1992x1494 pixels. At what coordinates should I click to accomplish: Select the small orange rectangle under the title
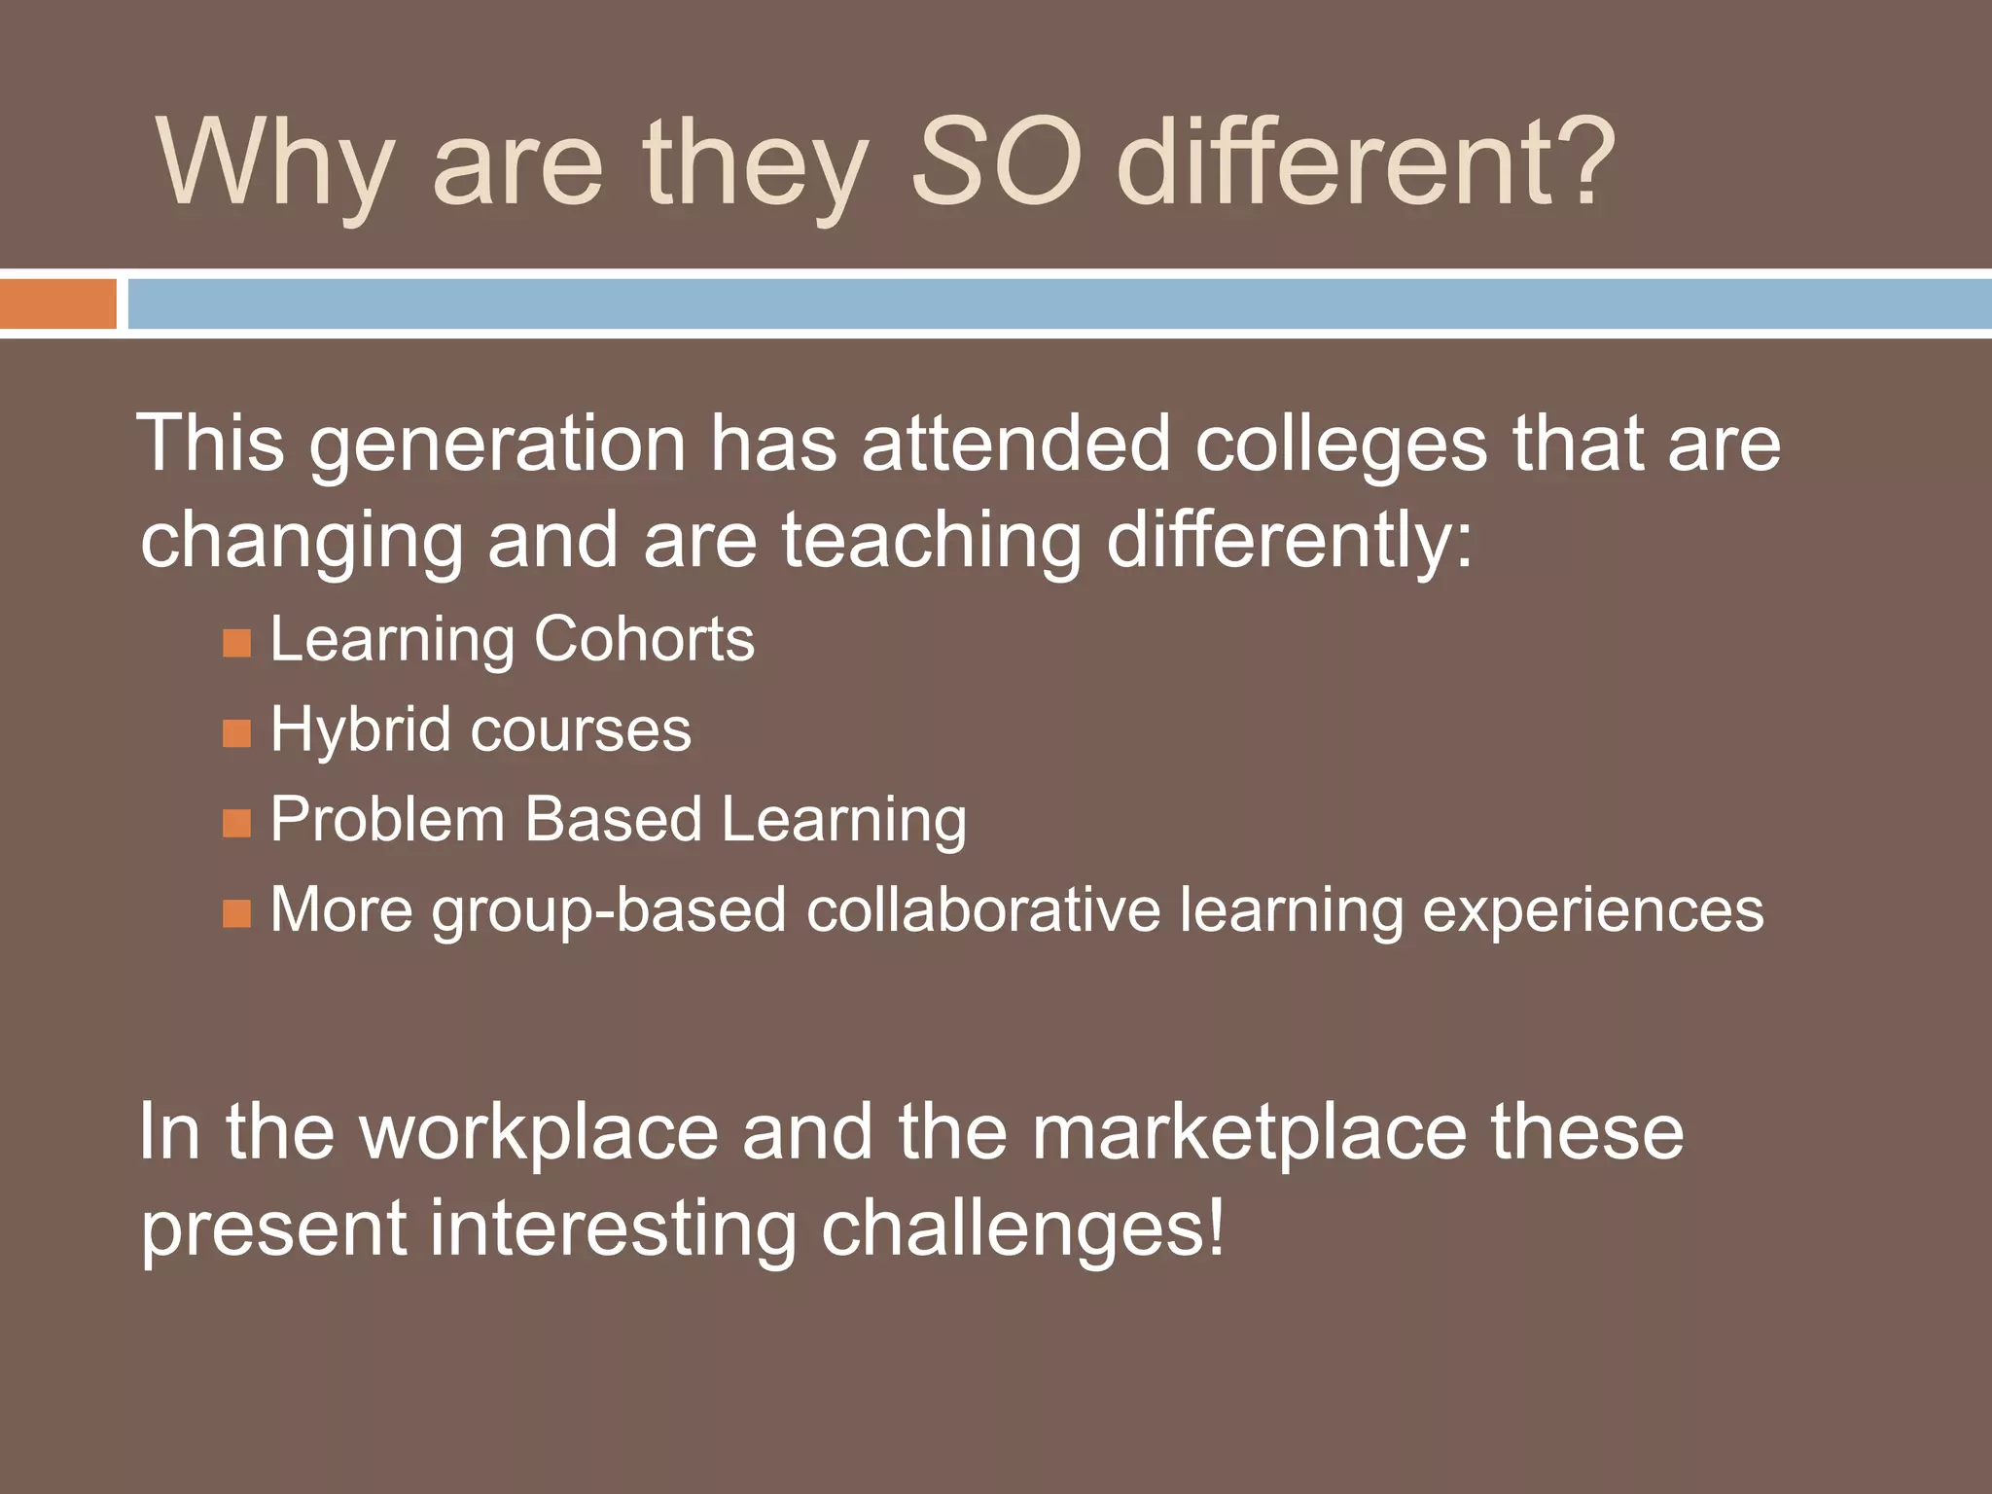point(57,303)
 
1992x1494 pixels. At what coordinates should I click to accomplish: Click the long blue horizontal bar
point(1058,303)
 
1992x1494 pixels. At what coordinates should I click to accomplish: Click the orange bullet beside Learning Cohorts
point(236,643)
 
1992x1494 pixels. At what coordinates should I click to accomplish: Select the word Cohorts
point(643,639)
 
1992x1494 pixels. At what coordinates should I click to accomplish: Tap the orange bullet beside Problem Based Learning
point(236,824)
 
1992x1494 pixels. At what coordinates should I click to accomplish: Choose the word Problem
point(387,819)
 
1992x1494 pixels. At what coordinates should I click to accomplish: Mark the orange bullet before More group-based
point(236,913)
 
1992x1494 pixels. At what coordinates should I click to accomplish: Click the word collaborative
point(982,909)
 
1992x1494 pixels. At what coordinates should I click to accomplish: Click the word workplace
point(539,1132)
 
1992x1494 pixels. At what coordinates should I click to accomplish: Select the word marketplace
point(1249,1132)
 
